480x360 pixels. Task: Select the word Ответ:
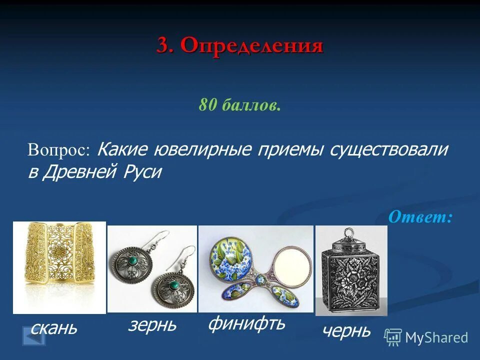(x=420, y=216)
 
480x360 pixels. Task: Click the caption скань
(x=54, y=328)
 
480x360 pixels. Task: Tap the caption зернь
(x=152, y=325)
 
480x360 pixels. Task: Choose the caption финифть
(x=246, y=323)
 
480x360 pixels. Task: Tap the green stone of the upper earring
(x=133, y=260)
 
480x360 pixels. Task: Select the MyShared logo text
(x=436, y=337)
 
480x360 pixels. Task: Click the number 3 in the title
(x=163, y=46)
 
